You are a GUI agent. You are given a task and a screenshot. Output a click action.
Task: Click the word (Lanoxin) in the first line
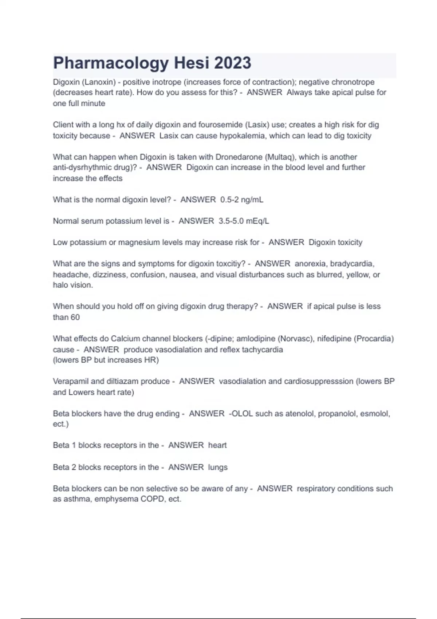(x=99, y=82)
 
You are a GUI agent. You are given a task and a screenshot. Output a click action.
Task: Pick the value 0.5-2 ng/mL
(x=242, y=200)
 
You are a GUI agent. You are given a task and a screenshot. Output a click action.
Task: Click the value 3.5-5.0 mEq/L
(x=244, y=221)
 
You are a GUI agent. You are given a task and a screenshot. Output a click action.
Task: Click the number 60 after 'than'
(x=75, y=318)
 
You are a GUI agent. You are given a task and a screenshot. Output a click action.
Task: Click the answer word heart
(x=217, y=445)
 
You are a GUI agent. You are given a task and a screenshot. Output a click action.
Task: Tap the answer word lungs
(x=218, y=468)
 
